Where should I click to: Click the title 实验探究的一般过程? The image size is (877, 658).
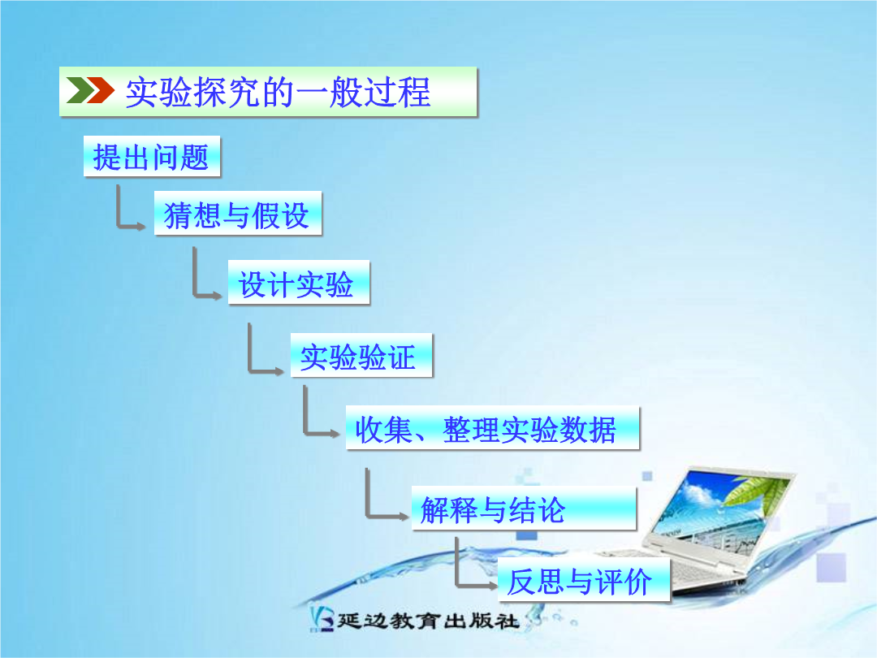(278, 93)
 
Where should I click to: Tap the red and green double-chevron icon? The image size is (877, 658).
(90, 91)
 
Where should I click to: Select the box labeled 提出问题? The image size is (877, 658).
(152, 156)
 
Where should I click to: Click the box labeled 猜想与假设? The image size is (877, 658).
(238, 213)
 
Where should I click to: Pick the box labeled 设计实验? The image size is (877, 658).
(299, 283)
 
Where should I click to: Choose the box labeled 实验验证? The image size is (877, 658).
(361, 355)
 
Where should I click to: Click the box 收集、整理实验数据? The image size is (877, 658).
(492, 428)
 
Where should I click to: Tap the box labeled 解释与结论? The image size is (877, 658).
(524, 508)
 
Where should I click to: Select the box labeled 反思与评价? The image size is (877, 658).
(583, 580)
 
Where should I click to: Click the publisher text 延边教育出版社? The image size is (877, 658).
(428, 621)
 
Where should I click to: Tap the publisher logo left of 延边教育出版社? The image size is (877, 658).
(322, 619)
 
